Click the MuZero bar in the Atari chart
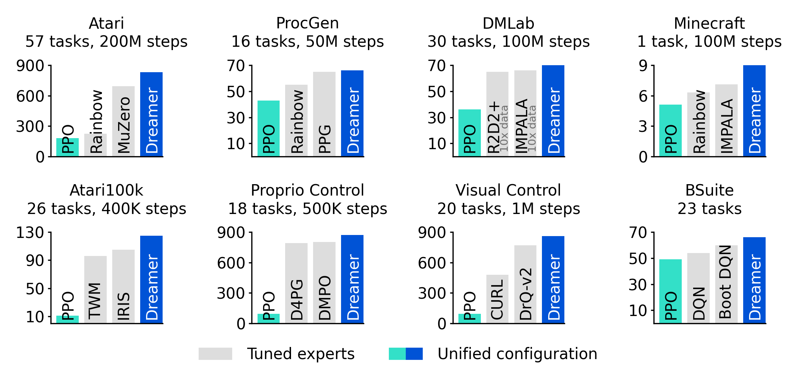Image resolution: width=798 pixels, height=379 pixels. point(123,122)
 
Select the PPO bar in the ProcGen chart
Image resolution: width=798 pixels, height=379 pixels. point(268,129)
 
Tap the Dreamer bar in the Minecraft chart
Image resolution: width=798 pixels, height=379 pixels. point(754,111)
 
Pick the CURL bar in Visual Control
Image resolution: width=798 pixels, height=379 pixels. point(497,299)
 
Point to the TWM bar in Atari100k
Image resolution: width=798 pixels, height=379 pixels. point(95,290)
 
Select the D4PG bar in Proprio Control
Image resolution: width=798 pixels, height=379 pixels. point(296,283)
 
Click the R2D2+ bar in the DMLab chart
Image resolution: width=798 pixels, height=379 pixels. point(497,114)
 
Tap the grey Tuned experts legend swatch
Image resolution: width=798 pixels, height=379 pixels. point(215,354)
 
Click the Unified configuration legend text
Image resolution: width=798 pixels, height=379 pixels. point(517,354)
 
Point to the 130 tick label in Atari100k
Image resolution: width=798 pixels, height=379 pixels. point(30,233)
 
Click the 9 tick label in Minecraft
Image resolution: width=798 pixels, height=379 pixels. point(643,66)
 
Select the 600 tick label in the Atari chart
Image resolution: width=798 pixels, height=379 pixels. point(30,96)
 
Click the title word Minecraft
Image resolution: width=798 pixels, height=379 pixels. point(709,24)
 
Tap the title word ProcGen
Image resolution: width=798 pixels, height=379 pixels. point(307,24)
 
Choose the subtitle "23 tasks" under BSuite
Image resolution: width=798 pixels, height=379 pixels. point(709,209)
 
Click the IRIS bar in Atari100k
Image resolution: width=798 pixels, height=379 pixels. point(123,287)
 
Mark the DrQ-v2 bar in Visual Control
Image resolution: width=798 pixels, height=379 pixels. point(525,284)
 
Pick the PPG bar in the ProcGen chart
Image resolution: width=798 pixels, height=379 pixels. point(324,114)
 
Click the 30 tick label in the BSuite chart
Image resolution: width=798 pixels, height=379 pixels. point(638,285)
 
